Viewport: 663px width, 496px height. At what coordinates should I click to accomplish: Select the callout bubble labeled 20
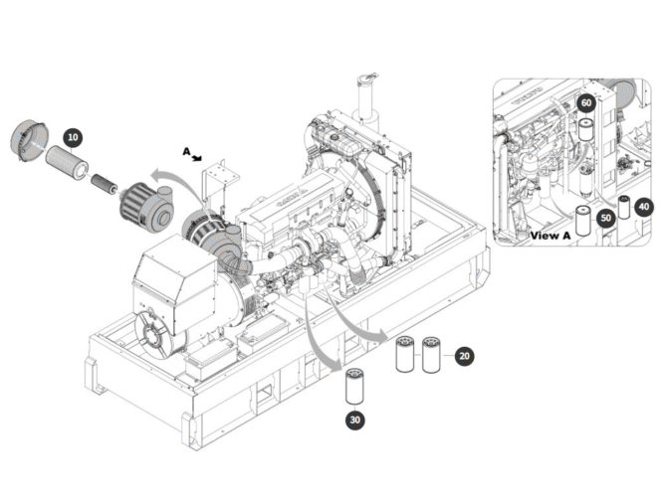466,355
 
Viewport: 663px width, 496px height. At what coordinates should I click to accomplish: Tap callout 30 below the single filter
355,419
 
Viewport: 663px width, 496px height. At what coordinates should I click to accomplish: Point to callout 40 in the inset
644,207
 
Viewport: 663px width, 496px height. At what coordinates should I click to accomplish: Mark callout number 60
586,102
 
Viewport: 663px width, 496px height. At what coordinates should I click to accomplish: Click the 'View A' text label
551,236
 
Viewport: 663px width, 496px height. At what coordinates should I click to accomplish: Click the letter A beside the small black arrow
185,151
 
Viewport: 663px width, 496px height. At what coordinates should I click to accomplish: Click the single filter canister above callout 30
355,387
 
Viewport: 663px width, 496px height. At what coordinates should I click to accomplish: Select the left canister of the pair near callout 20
405,355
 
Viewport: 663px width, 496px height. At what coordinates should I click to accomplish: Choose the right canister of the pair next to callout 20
431,355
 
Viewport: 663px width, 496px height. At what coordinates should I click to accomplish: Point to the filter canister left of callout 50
583,221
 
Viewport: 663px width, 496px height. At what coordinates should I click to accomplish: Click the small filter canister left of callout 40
624,208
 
